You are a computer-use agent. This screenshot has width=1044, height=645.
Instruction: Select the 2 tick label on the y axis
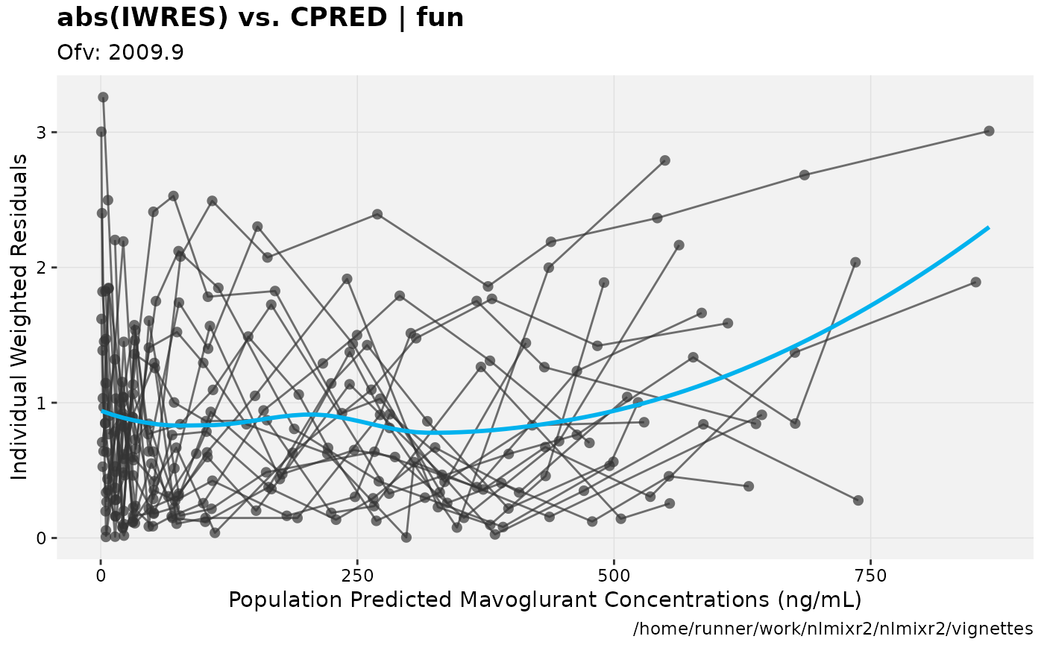[x=43, y=267]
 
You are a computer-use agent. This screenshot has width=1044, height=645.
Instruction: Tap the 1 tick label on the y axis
[x=43, y=403]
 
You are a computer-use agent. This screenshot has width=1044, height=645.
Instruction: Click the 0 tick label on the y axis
[x=43, y=538]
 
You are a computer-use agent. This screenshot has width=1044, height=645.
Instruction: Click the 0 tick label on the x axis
[x=101, y=576]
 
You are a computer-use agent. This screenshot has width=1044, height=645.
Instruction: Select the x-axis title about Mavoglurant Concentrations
[x=544, y=600]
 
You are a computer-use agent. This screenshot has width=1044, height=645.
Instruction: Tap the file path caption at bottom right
[x=833, y=628]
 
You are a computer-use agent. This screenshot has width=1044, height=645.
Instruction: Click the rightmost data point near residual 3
[x=989, y=130]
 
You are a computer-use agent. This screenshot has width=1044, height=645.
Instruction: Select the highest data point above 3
[x=103, y=97]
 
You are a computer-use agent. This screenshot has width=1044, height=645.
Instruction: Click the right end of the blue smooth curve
[x=988, y=227]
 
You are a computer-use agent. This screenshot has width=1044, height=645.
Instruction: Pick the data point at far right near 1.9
[x=975, y=282]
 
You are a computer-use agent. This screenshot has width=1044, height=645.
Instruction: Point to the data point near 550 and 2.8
[x=664, y=160]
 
